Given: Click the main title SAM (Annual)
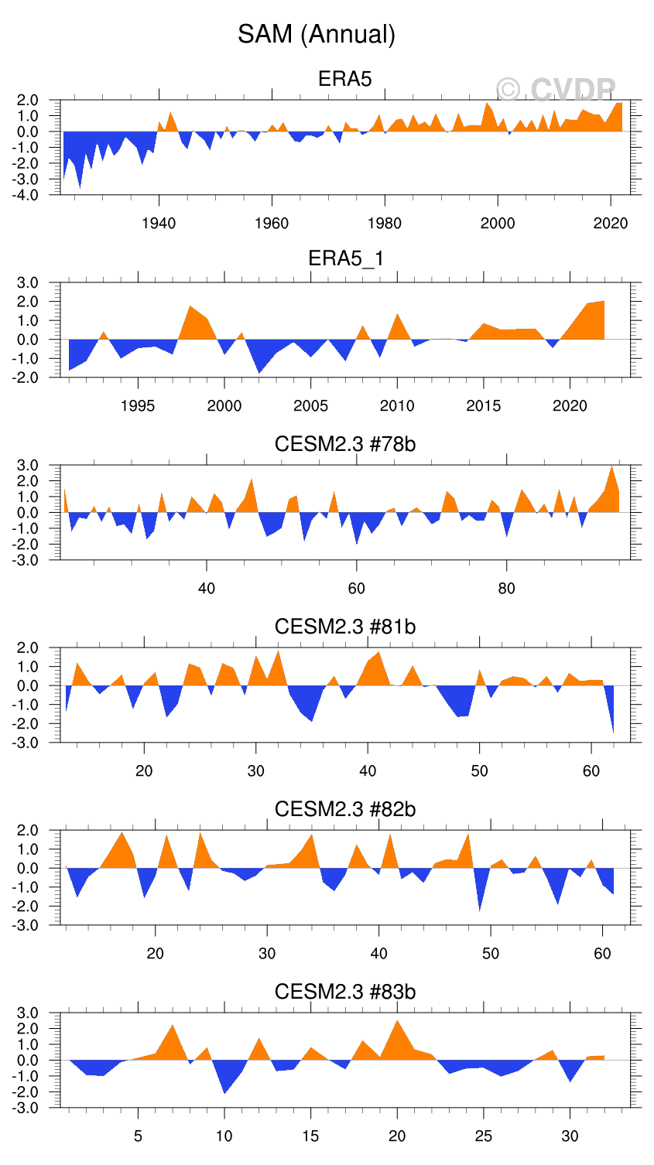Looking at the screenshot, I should click(317, 34).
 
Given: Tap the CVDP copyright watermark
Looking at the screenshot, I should click(556, 91).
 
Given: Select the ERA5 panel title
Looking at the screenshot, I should click(345, 79).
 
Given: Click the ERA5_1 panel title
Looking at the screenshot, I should click(345, 258).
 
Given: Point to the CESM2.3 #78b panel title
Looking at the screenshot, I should click(345, 444).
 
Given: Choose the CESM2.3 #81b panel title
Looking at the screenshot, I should click(345, 626).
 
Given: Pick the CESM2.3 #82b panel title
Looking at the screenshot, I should click(345, 809).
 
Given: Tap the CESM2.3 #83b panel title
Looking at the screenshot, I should click(345, 992).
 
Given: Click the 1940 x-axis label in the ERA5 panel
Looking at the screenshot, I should click(159, 224).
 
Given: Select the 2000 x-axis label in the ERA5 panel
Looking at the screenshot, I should click(498, 224).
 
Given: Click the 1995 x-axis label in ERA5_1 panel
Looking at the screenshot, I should click(138, 406).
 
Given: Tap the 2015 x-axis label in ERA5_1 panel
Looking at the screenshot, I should click(483, 406).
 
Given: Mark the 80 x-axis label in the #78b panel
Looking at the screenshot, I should click(506, 588).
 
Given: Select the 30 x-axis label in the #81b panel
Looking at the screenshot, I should click(255, 770).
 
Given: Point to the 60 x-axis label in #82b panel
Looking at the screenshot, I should click(602, 953).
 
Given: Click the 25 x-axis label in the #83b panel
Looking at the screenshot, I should click(483, 1136).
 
